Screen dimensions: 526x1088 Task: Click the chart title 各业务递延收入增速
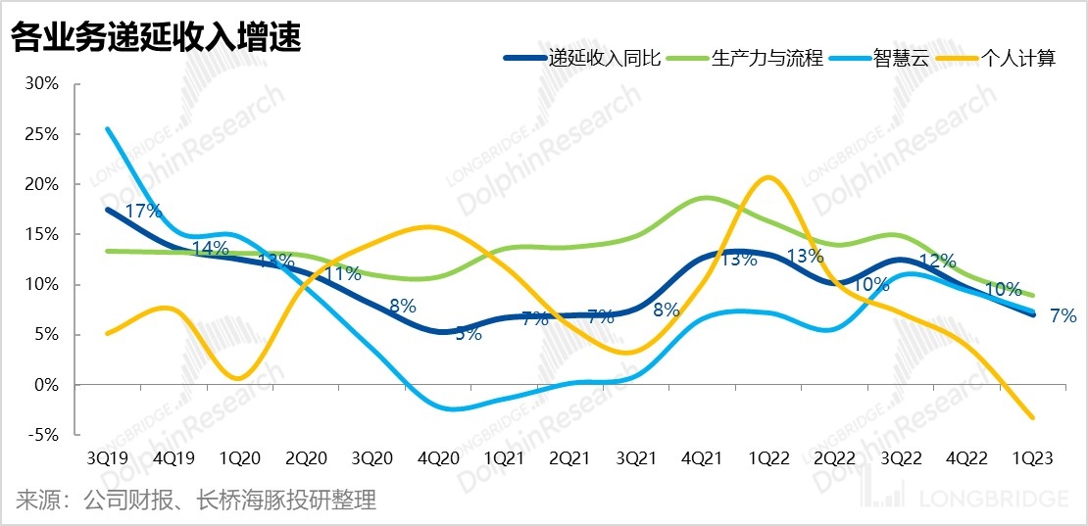[156, 38]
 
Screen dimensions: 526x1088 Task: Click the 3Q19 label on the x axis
[106, 457]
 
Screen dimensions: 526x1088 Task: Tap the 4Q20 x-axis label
[437, 457]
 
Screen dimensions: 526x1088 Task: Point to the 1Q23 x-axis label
[1033, 457]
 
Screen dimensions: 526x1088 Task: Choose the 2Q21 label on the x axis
[569, 457]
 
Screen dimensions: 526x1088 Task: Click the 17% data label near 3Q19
[143, 210]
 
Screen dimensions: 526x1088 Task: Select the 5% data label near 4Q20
[468, 333]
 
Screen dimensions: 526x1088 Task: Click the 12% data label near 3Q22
[937, 262]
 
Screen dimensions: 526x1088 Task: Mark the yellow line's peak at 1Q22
[770, 177]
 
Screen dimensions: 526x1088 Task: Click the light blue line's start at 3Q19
[107, 128]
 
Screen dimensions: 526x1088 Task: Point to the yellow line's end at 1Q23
[1033, 418]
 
